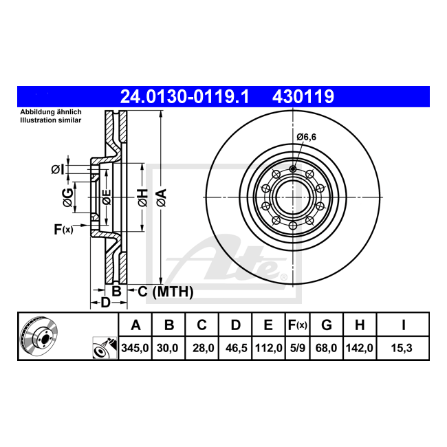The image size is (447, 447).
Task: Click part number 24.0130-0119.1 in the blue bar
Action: tap(185, 96)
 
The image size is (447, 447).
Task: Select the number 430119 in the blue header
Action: tap(303, 96)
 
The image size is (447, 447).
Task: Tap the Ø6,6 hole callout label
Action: tap(306, 137)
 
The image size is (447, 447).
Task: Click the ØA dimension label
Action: tap(162, 197)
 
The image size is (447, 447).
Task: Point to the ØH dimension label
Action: tap(143, 197)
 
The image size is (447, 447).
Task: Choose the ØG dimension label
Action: tap(67, 197)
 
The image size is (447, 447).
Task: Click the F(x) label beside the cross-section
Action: tap(63, 229)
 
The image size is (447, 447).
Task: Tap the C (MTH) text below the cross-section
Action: tap(166, 292)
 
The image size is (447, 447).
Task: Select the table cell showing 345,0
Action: tap(135, 348)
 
